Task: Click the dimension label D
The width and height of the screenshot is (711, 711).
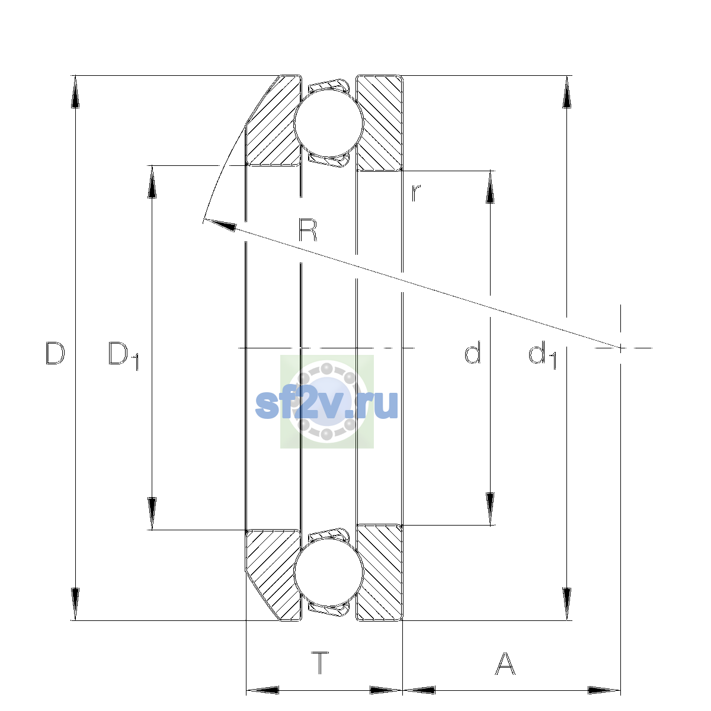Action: click(x=55, y=353)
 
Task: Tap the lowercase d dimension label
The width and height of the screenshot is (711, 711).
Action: click(x=472, y=353)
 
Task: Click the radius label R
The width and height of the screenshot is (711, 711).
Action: click(x=308, y=230)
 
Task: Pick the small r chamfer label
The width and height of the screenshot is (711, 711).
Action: click(x=415, y=193)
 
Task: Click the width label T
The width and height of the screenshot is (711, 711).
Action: click(x=320, y=663)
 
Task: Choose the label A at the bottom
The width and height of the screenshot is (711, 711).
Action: click(x=504, y=663)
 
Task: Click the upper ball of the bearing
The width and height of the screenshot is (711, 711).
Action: click(x=329, y=122)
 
